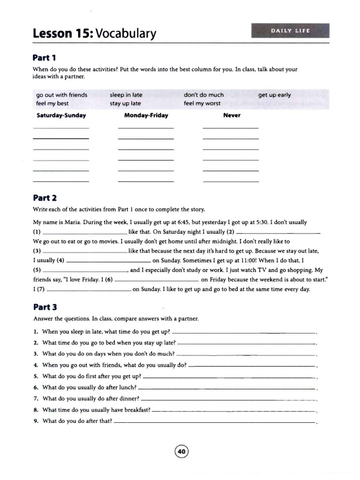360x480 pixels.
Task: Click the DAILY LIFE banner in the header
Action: coord(290,31)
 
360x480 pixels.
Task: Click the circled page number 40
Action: coord(181,451)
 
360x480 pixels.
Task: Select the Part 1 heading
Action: coord(45,58)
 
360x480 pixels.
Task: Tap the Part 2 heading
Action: coord(45,198)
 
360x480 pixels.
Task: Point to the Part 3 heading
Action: coord(45,307)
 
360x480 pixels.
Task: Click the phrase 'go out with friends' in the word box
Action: coord(62,95)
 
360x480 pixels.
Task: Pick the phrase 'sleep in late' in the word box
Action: coord(126,95)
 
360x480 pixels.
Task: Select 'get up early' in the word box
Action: coord(274,95)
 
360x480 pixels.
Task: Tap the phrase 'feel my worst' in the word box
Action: coord(202,104)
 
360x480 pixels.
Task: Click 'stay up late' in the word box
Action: coord(125,104)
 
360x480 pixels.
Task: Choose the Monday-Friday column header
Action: coord(146,115)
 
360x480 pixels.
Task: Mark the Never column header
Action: coord(232,115)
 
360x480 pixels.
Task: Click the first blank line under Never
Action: coord(231,128)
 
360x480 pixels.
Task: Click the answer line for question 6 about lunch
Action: coord(227,389)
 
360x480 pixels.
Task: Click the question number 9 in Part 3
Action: coord(36,421)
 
